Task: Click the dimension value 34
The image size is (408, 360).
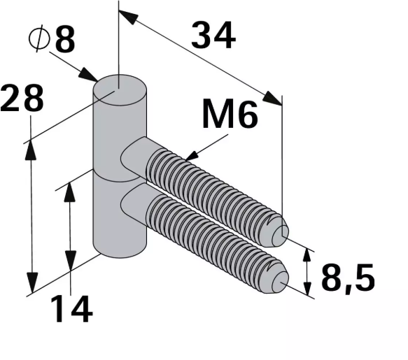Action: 213,36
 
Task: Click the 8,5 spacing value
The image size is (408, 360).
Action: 348,278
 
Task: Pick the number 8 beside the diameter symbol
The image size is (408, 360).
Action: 64,41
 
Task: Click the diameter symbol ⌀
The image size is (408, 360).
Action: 38,40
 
